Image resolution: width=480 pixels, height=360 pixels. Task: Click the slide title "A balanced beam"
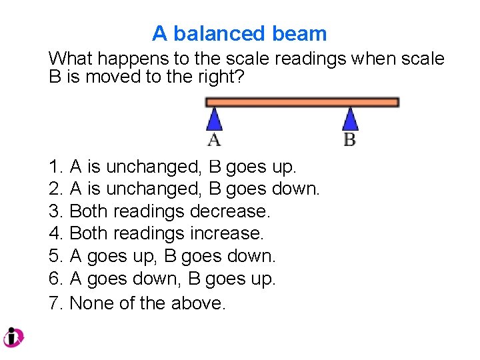[239, 33]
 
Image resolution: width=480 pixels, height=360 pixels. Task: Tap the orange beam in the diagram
[302, 102]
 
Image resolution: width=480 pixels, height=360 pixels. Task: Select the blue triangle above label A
[214, 119]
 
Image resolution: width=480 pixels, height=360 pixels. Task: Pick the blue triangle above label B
[350, 119]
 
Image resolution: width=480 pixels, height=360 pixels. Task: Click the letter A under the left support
[214, 140]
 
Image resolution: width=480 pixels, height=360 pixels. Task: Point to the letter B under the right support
[350, 140]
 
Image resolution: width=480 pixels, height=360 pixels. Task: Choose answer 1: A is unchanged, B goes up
[173, 166]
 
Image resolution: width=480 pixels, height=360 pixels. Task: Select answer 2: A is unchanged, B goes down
[185, 189]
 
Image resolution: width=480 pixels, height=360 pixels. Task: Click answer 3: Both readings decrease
[160, 211]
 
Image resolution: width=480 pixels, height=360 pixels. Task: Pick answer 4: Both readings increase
[157, 233]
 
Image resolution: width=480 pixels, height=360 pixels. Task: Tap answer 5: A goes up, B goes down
[162, 256]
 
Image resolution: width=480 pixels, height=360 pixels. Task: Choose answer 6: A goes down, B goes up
[162, 279]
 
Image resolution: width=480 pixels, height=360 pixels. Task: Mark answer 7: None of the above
[138, 303]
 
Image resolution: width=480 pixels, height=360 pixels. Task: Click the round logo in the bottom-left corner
[13, 337]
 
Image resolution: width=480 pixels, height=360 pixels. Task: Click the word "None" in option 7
[91, 303]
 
